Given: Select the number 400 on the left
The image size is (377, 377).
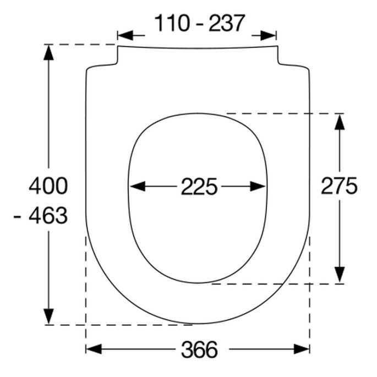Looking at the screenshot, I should (48, 186).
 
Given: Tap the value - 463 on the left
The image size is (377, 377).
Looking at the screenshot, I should (41, 215).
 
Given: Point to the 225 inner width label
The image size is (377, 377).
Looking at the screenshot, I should (198, 187).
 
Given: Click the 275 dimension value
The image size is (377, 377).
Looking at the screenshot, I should (339, 187).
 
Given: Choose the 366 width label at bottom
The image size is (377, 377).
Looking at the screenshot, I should (198, 349).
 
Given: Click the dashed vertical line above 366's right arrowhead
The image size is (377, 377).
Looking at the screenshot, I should (309, 286).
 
